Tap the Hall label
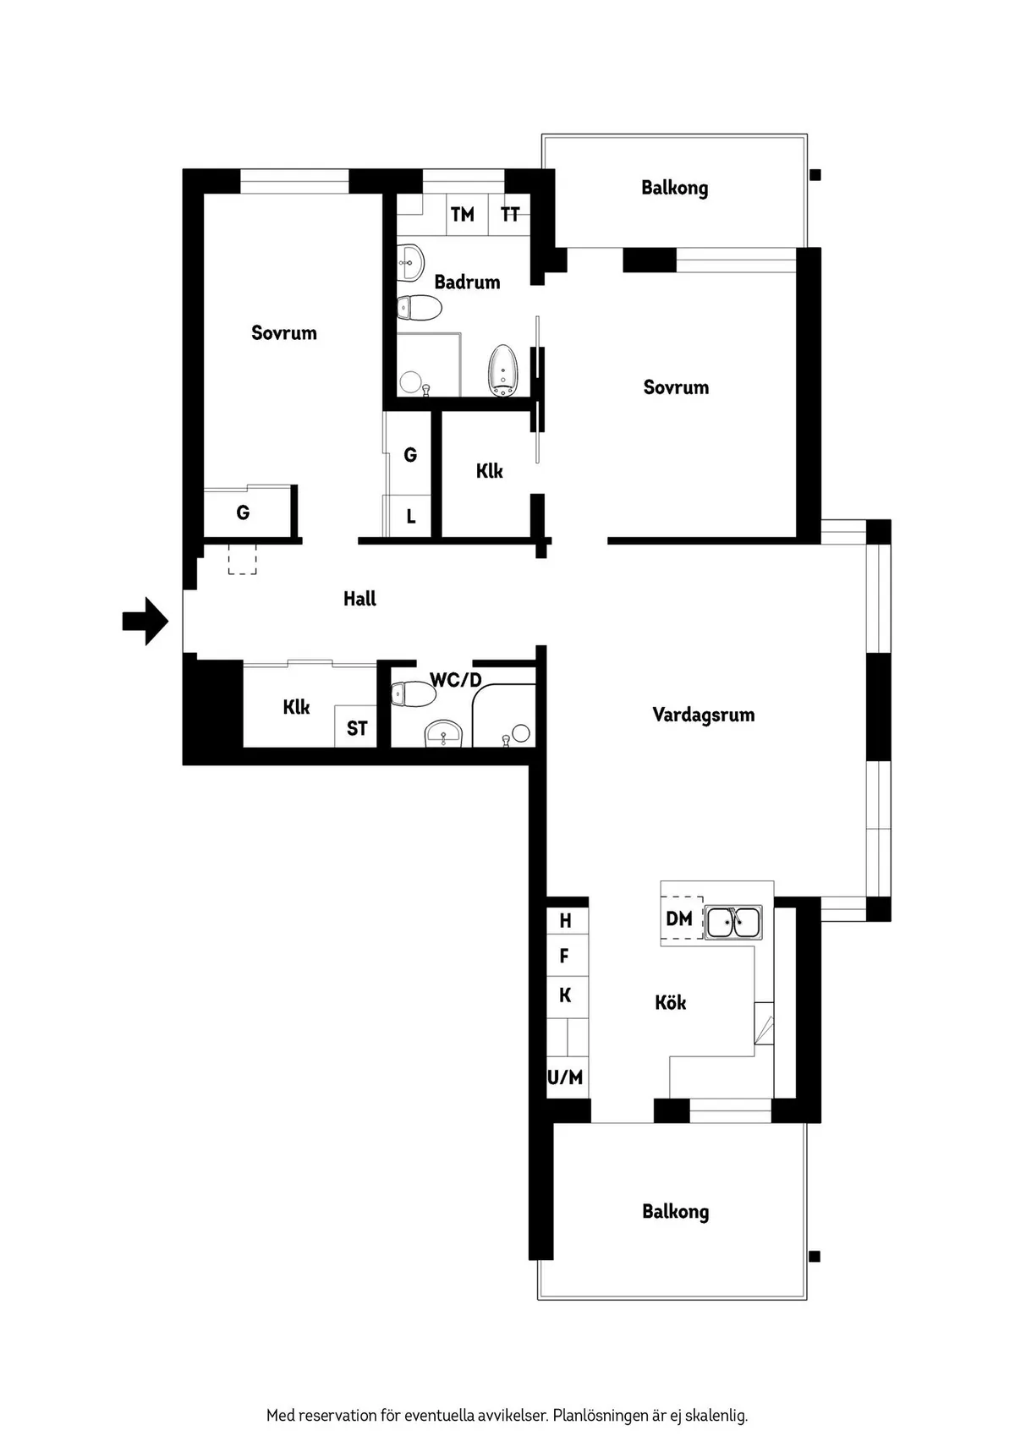359,599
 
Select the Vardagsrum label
703,715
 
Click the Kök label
670,1003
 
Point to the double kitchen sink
733,923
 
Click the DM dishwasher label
679,918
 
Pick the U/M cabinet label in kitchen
565,1077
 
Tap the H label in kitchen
565,921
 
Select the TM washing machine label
462,215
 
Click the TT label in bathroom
509,215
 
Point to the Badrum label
467,282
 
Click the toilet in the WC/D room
413,694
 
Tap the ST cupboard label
357,728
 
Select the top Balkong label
674,188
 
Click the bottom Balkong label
675,1211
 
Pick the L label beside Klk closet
411,517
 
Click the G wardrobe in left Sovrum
243,512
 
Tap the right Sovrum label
676,387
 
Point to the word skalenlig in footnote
717,1415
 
